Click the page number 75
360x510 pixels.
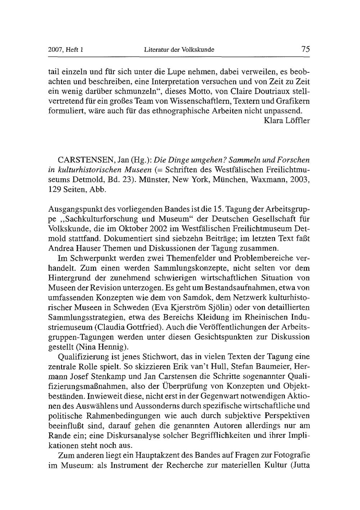pos(306,49)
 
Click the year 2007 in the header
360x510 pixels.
pos(55,50)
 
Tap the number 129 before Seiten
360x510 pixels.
pos(54,189)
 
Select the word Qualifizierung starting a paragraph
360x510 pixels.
pos(83,357)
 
